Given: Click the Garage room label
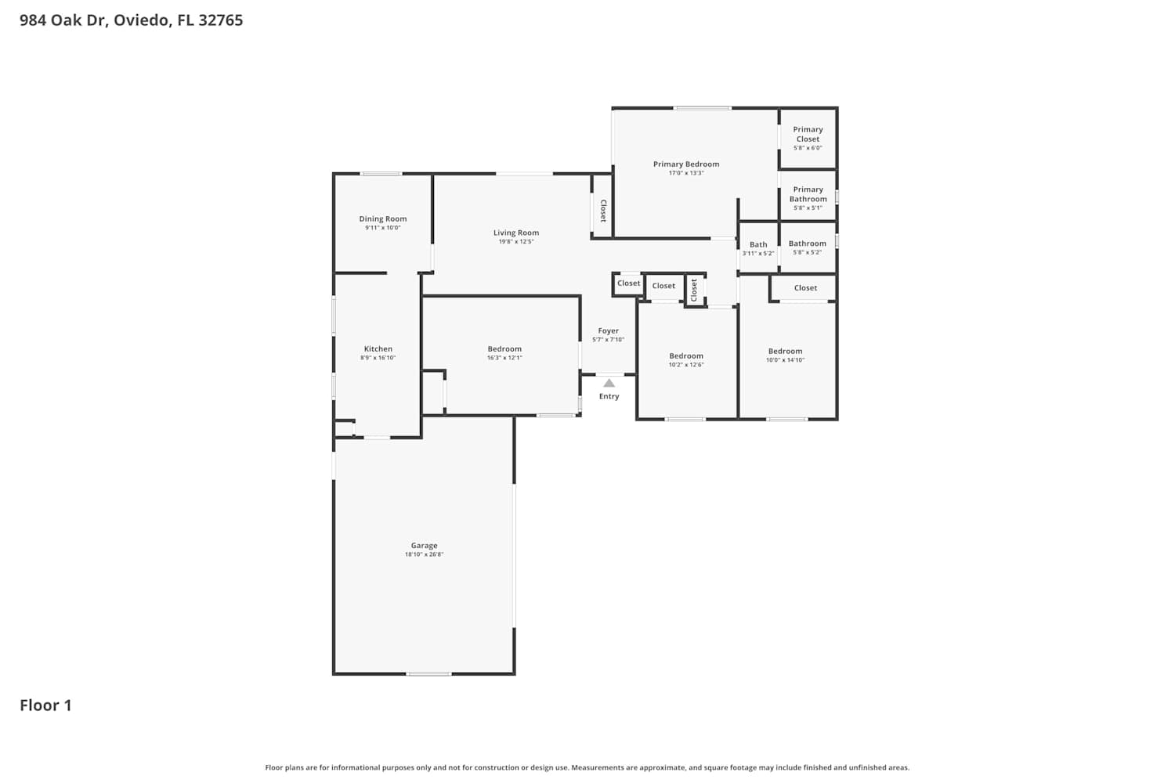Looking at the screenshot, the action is point(424,546).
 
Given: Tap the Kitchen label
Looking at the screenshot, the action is point(378,348).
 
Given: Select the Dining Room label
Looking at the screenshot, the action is point(383,218).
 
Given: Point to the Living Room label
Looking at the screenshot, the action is point(516,233).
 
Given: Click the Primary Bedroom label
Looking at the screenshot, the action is point(686,164).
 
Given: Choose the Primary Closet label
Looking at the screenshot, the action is point(808,134).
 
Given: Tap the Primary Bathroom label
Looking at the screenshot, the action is point(808,194).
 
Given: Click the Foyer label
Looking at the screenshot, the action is point(609,331).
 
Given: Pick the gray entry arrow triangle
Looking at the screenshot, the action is point(609,384).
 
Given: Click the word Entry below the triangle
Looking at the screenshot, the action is point(609,396).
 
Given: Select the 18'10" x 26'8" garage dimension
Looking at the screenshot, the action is point(424,554).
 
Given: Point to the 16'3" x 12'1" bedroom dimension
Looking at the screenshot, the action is point(504,358).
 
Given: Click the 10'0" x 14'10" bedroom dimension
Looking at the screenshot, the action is point(785,359).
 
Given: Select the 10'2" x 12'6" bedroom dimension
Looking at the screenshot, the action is point(686,365).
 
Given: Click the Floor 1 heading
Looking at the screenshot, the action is point(45,705).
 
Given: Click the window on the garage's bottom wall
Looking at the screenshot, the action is point(428,674).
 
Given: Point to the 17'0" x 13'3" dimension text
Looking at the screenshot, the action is point(686,173).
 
